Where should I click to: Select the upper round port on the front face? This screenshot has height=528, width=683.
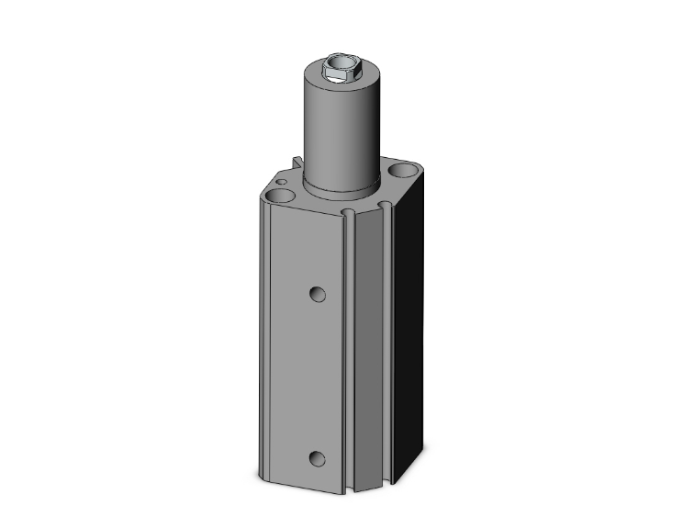(x=318, y=294)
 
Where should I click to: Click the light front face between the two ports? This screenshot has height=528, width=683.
(x=308, y=376)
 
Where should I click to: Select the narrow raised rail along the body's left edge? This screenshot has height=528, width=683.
(x=263, y=349)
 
